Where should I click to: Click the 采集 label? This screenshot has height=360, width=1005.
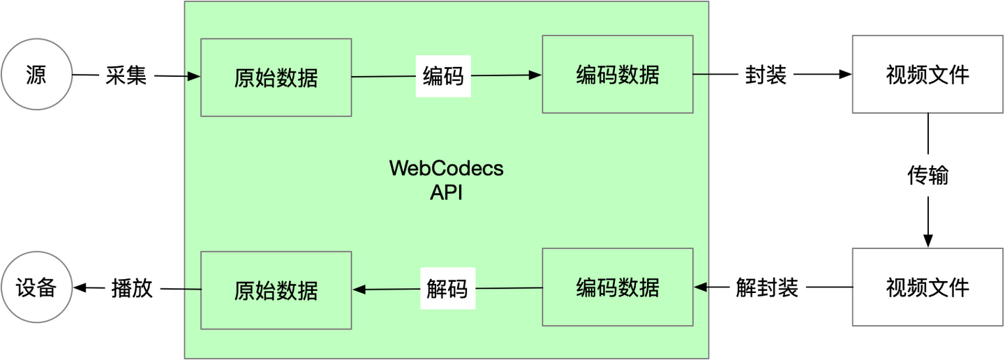[126, 75]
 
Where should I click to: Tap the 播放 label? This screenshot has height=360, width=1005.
[132, 288]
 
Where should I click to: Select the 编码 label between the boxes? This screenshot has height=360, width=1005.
[443, 75]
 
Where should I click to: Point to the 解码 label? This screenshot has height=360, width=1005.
[447, 288]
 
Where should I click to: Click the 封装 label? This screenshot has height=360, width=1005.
[766, 75]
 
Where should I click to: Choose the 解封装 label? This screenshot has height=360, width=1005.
[767, 287]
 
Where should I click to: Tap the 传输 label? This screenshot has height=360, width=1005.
[928, 175]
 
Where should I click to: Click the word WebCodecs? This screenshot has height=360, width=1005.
[446, 169]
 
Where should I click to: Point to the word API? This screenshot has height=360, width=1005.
[446, 193]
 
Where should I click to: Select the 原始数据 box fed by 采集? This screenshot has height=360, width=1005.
[276, 77]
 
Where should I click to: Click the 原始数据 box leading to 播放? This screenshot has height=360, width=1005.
[276, 290]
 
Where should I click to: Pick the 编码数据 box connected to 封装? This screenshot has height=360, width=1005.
[618, 74]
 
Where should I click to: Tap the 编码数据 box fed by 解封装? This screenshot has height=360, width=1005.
[618, 287]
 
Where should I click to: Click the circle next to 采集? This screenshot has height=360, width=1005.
[36, 75]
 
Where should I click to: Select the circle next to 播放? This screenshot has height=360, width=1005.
[36, 287]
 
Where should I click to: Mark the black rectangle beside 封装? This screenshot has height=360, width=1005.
[928, 74]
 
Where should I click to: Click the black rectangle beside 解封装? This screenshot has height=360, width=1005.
[928, 287]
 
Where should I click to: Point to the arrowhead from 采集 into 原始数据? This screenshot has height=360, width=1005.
[195, 76]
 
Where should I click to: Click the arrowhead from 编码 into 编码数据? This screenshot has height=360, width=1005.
[535, 75]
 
